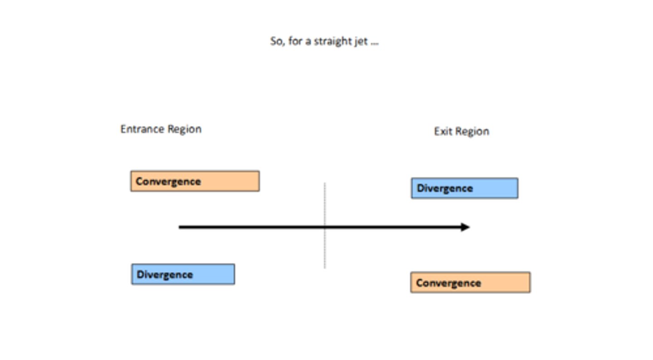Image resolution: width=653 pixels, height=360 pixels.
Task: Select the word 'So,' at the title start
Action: [277, 41]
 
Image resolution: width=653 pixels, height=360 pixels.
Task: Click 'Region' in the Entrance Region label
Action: [184, 130]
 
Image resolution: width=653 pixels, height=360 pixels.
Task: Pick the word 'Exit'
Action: [443, 131]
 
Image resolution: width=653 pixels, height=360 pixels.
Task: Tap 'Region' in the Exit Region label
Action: [472, 132]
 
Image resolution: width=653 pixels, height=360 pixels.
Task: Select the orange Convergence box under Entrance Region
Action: [195, 181]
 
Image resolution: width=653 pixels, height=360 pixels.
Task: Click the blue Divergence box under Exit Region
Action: [464, 188]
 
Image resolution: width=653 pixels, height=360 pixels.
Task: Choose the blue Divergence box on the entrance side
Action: [183, 274]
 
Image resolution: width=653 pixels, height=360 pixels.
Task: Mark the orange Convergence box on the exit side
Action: [470, 282]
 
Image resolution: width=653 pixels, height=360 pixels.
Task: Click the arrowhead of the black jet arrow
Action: [465, 227]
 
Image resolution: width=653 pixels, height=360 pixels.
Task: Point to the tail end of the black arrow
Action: [180, 227]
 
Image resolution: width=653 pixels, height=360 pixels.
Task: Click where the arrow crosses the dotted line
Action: [325, 227]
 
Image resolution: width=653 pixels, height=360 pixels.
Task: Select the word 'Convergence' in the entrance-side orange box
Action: [168, 181]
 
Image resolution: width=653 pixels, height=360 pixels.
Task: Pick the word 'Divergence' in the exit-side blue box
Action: [444, 188]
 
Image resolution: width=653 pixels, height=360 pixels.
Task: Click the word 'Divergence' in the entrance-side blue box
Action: [165, 274]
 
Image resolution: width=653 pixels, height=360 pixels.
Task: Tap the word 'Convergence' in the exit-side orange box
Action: [448, 283]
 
